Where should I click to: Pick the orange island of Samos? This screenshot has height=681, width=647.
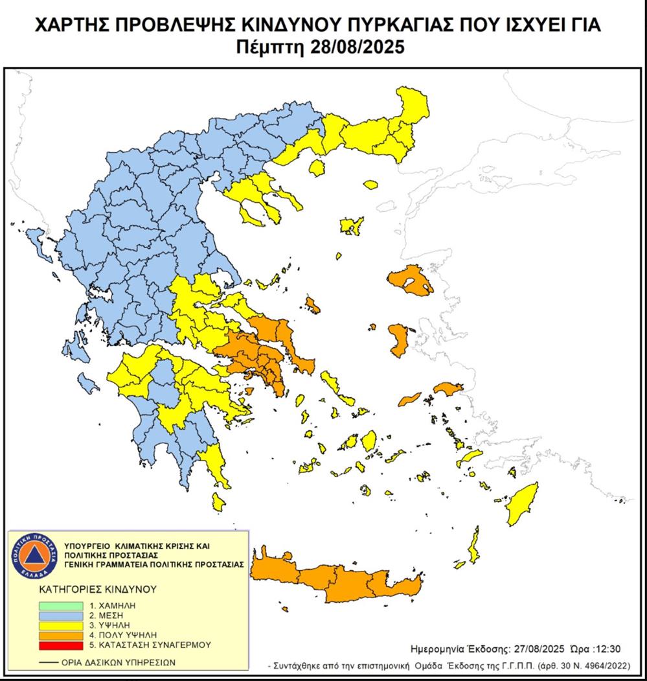coord(446,389)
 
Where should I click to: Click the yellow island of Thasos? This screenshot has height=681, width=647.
coord(317,169)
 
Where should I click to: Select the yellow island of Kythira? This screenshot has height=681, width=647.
coord(218,500)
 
